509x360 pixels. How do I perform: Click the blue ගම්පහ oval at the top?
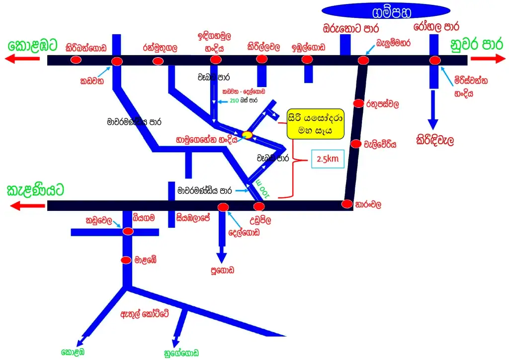387,10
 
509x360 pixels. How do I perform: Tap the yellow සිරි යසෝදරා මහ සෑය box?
316,124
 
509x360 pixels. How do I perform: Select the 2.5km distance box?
328,159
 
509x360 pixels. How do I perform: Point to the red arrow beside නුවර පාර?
487,59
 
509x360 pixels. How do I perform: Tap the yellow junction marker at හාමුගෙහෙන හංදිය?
247,134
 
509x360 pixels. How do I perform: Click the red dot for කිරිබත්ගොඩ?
76,60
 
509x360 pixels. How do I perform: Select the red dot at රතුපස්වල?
358,103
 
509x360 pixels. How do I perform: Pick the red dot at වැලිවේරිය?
355,144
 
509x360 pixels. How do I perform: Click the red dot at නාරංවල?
347,204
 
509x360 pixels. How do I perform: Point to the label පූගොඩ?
222,270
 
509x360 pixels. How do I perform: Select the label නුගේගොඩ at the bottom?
181,353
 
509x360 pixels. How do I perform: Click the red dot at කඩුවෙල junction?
128,231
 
